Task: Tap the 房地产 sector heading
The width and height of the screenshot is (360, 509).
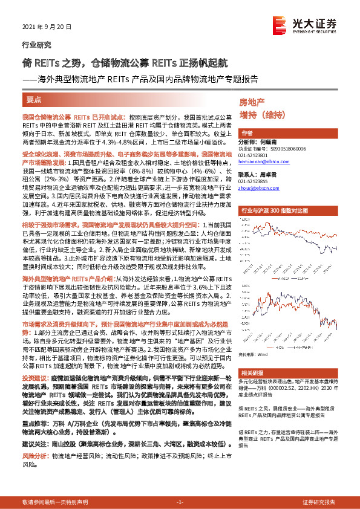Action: (252, 103)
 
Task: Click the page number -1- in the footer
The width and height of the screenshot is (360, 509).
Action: (180, 502)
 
